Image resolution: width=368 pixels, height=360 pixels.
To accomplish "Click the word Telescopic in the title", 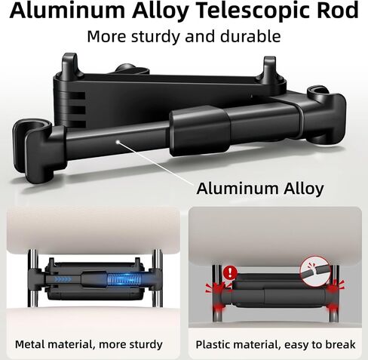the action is coord(252,11).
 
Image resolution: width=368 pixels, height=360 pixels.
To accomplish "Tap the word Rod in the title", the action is coord(337,10).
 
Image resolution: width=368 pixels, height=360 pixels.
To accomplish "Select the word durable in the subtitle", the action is coord(250,36).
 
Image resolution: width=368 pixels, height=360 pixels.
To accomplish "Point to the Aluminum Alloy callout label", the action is coord(260,188).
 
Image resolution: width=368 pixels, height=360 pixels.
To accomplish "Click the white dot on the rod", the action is coord(117,142).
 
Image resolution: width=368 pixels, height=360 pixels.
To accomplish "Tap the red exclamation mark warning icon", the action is coord(230,272).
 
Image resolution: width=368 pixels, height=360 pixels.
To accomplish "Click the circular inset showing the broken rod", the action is coord(315,272).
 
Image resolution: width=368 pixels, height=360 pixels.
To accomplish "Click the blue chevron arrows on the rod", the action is coord(63,279).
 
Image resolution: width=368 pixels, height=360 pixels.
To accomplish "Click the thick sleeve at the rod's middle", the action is coord(200,131).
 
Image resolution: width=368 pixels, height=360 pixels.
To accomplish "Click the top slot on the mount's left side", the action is coord(75,96).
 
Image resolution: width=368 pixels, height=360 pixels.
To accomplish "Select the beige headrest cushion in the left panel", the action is coord(93,229).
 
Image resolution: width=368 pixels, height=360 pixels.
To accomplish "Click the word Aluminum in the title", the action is coord(67,11).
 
